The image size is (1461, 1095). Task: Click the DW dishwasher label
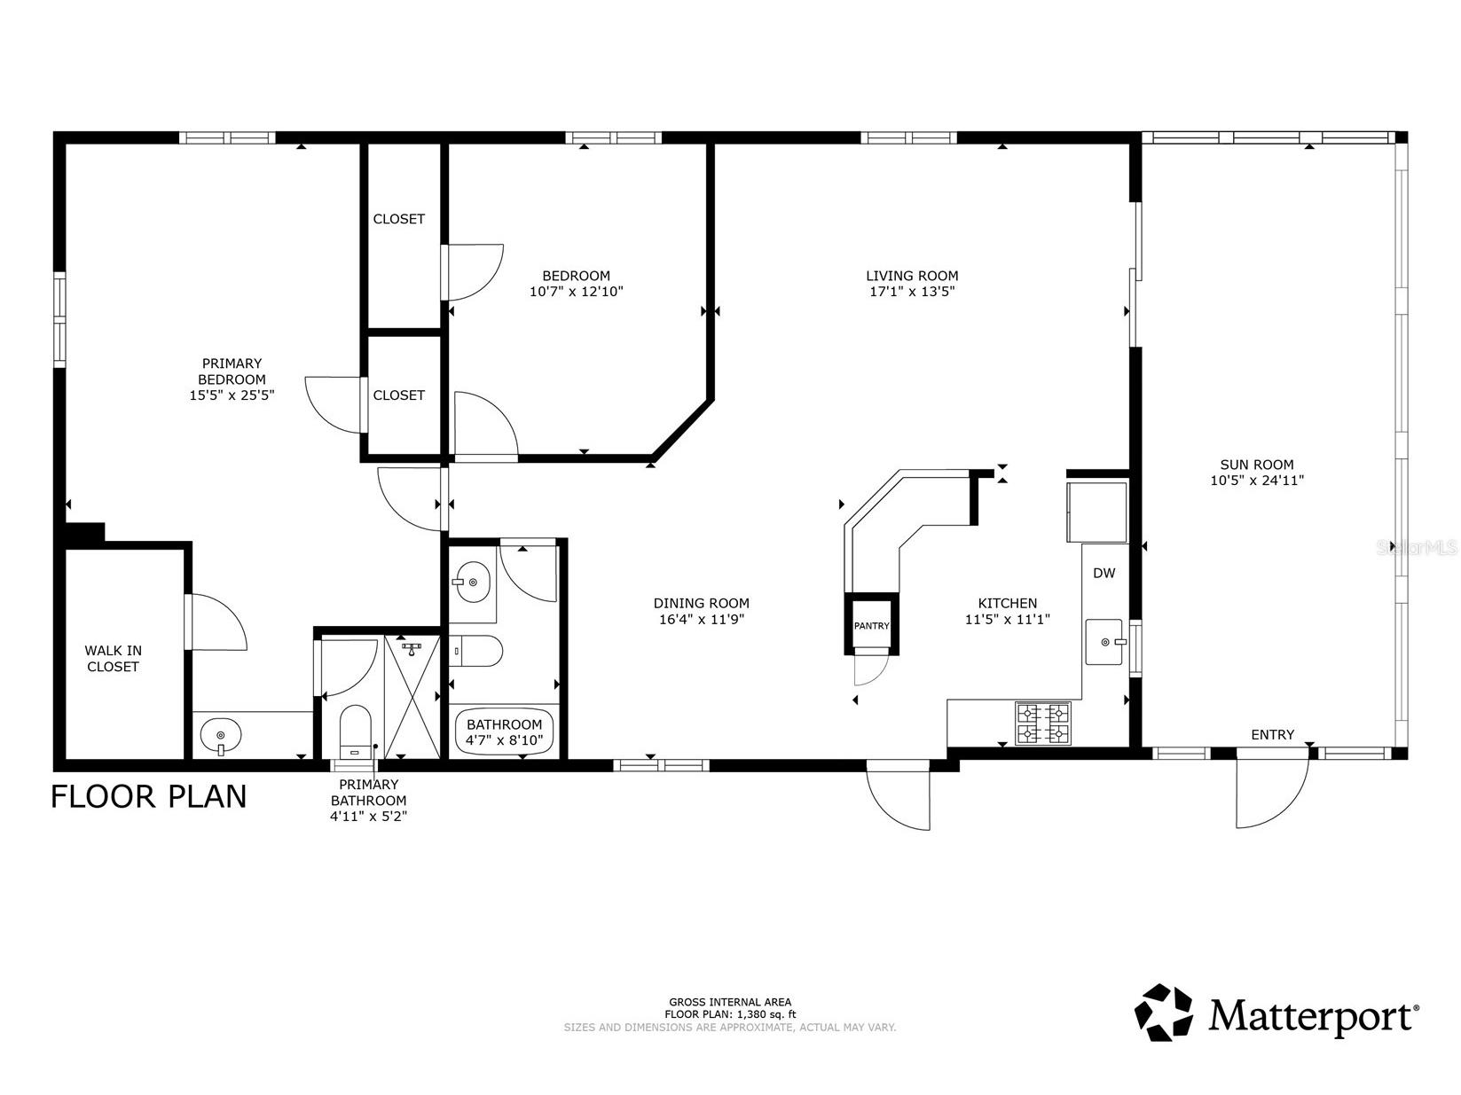1104,573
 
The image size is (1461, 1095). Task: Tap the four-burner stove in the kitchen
1042,723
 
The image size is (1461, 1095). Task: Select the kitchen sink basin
1104,642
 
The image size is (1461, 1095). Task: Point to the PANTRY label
871,626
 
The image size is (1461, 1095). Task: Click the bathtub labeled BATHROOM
504,731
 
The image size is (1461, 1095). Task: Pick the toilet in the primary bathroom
355,731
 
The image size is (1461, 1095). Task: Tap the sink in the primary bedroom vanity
220,735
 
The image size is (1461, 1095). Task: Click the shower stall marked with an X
412,697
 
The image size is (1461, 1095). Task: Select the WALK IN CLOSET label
114,659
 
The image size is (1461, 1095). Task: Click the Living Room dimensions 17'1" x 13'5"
912,292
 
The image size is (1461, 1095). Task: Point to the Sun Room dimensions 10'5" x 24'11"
1257,481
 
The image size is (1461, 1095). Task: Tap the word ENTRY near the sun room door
1272,735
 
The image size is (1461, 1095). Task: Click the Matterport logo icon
1163,1013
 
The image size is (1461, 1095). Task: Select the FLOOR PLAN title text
148,797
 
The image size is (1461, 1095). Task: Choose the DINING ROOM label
701,604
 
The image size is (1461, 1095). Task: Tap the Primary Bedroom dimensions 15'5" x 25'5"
232,395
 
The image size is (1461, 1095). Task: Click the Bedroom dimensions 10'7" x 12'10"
576,292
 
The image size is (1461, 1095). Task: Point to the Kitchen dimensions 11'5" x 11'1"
1007,620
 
